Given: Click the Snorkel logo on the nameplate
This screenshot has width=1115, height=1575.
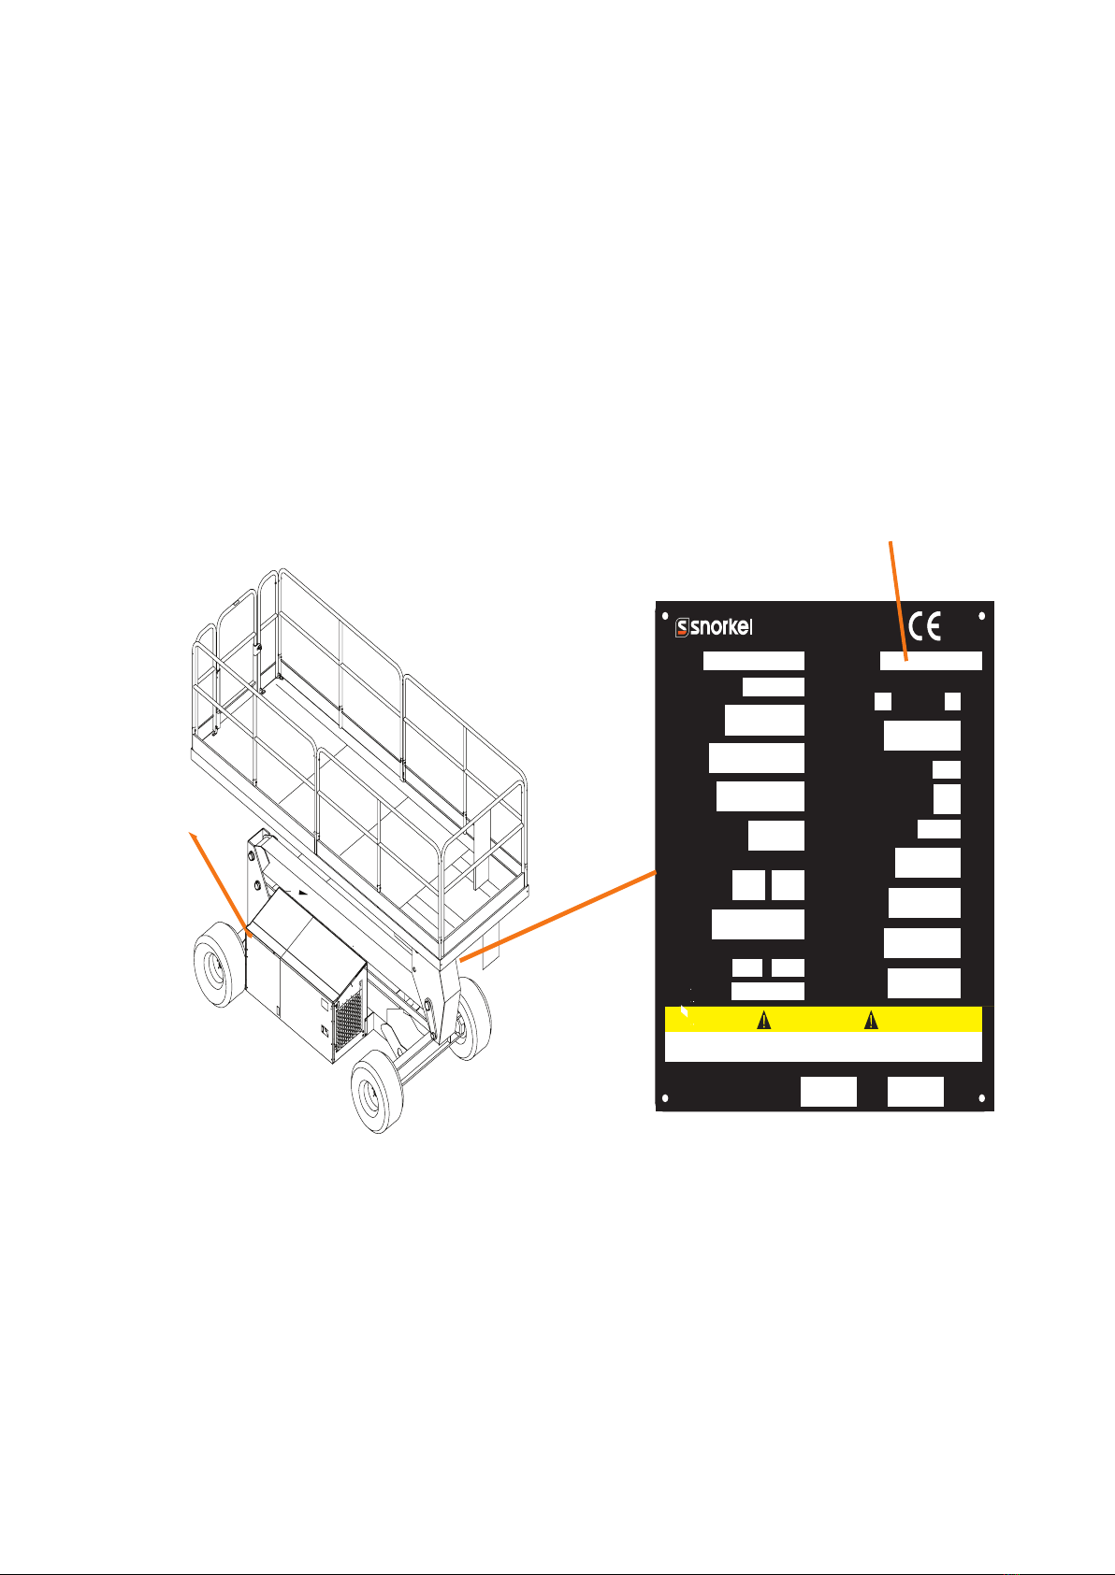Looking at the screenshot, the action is click(714, 627).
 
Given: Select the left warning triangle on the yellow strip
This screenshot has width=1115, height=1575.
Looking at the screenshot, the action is click(763, 1020).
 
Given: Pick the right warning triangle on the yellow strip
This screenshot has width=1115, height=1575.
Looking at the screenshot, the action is click(871, 1020).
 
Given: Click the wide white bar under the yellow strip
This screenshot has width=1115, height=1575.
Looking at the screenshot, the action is click(823, 1047).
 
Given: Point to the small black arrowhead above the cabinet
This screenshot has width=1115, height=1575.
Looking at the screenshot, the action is click(301, 894).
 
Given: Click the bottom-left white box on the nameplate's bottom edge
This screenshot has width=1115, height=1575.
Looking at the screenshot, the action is click(828, 1092).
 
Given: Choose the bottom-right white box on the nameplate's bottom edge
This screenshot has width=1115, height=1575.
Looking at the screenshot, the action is click(915, 1092).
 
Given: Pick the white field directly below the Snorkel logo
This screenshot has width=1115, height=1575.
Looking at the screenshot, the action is click(753, 661).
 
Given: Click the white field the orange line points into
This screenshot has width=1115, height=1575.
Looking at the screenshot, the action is click(931, 661).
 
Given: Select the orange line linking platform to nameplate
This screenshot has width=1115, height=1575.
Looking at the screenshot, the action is click(559, 913).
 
